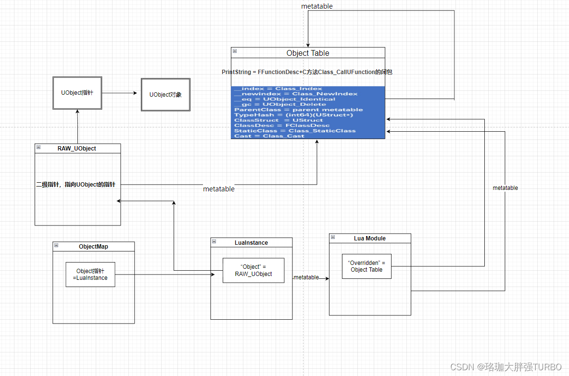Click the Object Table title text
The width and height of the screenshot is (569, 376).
308,53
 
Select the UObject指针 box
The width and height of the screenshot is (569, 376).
77,92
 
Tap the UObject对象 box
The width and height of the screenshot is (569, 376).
165,95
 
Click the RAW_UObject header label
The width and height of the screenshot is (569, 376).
77,149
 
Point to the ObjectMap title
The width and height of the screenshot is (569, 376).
93,247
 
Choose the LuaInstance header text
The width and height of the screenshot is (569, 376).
251,243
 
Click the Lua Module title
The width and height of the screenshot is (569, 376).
369,238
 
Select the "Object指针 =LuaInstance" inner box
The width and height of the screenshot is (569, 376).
90,275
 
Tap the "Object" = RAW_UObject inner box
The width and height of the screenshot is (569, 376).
253,270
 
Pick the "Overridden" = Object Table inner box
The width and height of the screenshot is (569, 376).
366,266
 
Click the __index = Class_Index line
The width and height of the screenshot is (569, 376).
278,88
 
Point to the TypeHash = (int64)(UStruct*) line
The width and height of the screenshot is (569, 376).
293,115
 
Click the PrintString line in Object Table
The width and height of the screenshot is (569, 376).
307,72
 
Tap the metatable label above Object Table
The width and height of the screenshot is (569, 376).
316,6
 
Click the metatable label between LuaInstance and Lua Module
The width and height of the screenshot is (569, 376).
306,277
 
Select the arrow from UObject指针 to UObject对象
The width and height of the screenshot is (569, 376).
120,93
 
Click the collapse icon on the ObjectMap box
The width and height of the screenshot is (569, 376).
56,245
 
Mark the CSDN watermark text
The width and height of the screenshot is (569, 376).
506,367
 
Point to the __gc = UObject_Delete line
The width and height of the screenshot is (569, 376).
280,104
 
